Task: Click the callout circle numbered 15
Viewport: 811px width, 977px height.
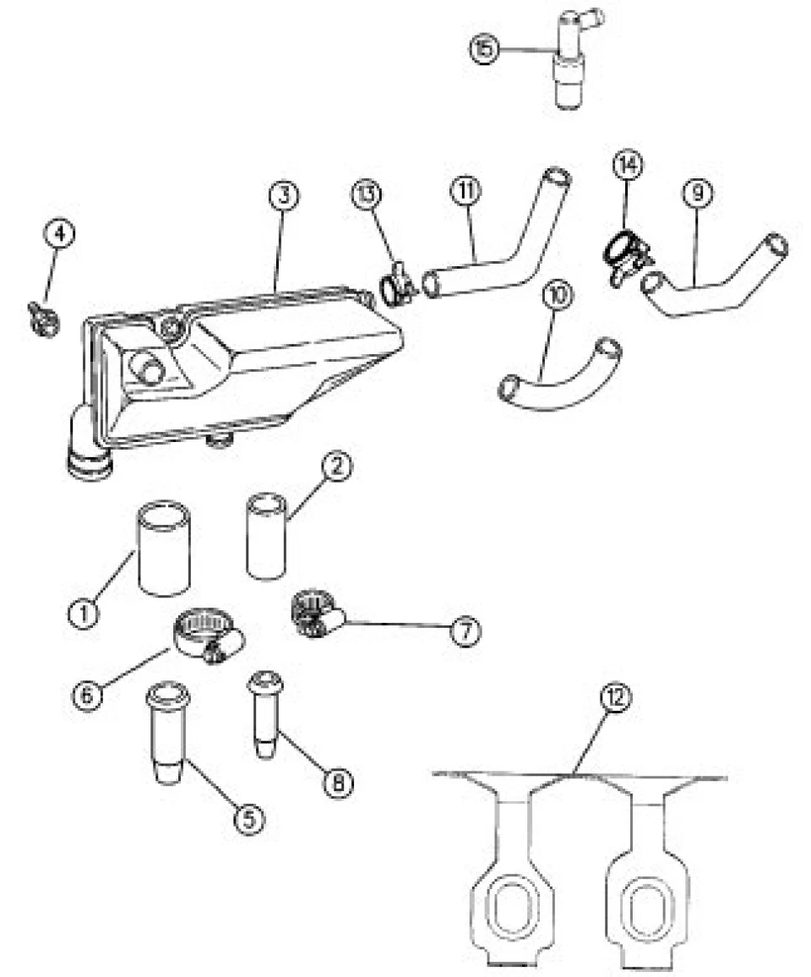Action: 485,49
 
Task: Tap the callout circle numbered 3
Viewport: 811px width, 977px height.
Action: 284,195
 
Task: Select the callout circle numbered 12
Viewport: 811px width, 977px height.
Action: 616,699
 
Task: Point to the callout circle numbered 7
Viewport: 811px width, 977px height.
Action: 466,632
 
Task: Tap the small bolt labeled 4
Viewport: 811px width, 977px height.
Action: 43,316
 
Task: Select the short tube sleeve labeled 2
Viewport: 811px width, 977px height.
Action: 267,537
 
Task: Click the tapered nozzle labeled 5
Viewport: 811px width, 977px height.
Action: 167,733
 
